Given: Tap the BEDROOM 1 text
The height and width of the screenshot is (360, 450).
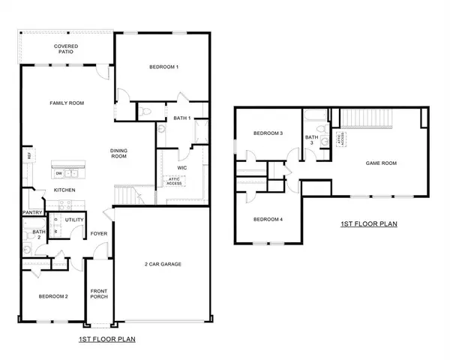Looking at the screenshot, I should pyautogui.click(x=163, y=67).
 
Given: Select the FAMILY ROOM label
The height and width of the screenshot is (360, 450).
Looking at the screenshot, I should pyautogui.click(x=64, y=103).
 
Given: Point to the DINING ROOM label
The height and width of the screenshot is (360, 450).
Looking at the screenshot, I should pyautogui.click(x=123, y=153).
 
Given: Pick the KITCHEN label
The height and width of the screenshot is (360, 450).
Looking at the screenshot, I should pyautogui.click(x=65, y=190).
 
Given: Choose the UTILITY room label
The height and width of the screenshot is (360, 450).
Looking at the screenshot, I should pyautogui.click(x=74, y=220).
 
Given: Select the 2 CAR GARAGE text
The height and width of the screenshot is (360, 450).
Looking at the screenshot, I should pyautogui.click(x=163, y=264).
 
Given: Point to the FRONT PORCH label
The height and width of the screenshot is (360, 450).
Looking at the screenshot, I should pyautogui.click(x=99, y=293).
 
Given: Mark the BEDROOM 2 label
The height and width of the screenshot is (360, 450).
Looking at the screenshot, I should pyautogui.click(x=53, y=296).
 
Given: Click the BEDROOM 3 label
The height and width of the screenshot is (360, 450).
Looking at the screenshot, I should pyautogui.click(x=268, y=133).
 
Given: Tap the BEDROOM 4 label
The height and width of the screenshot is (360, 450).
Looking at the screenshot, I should pyautogui.click(x=268, y=219).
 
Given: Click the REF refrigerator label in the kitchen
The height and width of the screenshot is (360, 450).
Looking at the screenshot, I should pyautogui.click(x=28, y=155).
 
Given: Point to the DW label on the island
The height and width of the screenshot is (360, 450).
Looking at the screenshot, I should pyautogui.click(x=58, y=172).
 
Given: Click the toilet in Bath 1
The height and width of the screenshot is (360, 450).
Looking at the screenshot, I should pyautogui.click(x=146, y=112).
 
